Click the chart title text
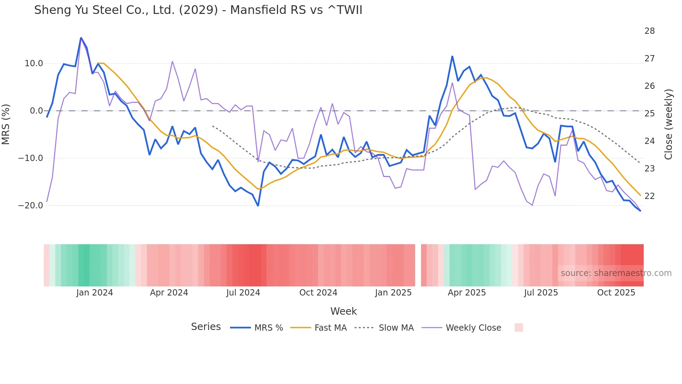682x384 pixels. (x=198, y=10)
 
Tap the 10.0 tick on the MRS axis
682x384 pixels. (x=34, y=63)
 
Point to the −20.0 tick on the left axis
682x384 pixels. (x=31, y=206)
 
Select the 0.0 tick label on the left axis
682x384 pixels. (x=37, y=111)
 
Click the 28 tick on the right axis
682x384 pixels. (x=649, y=31)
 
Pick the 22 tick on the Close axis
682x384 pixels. (x=649, y=196)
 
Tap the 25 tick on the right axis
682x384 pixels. (x=649, y=114)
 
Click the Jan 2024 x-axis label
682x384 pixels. (x=95, y=293)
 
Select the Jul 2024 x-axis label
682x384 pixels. (x=243, y=293)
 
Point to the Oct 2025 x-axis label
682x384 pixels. (x=616, y=293)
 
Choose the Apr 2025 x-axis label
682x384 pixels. (x=467, y=293)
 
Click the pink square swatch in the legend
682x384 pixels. (x=518, y=328)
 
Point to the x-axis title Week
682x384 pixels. (x=343, y=311)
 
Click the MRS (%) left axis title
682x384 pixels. (x=6, y=124)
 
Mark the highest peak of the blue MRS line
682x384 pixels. (x=81, y=38)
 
